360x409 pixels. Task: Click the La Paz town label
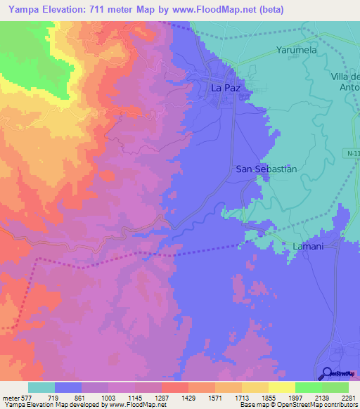point(226,89)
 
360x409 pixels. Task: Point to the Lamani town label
point(307,246)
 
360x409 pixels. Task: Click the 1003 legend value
point(108,398)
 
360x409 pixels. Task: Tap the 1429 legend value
point(188,398)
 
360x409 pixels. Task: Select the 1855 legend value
point(268,398)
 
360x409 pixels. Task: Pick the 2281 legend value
point(347,398)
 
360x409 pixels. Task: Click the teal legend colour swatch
point(41,387)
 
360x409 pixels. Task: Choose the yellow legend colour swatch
point(281,387)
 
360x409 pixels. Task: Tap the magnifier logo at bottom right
point(328,374)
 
